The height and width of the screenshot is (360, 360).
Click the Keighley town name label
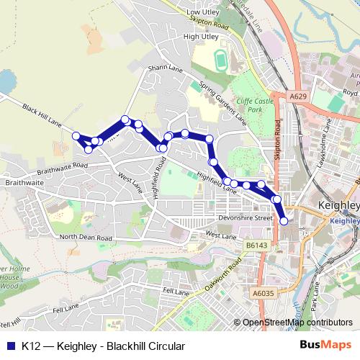(x=338, y=206)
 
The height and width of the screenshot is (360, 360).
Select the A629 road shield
(x=299, y=95)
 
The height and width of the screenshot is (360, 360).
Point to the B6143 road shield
(x=255, y=246)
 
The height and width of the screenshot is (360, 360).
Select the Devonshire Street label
(x=244, y=217)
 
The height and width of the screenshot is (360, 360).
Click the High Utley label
(x=199, y=36)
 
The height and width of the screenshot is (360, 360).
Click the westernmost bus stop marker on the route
(x=76, y=135)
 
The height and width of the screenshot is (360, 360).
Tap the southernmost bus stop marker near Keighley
(x=284, y=221)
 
